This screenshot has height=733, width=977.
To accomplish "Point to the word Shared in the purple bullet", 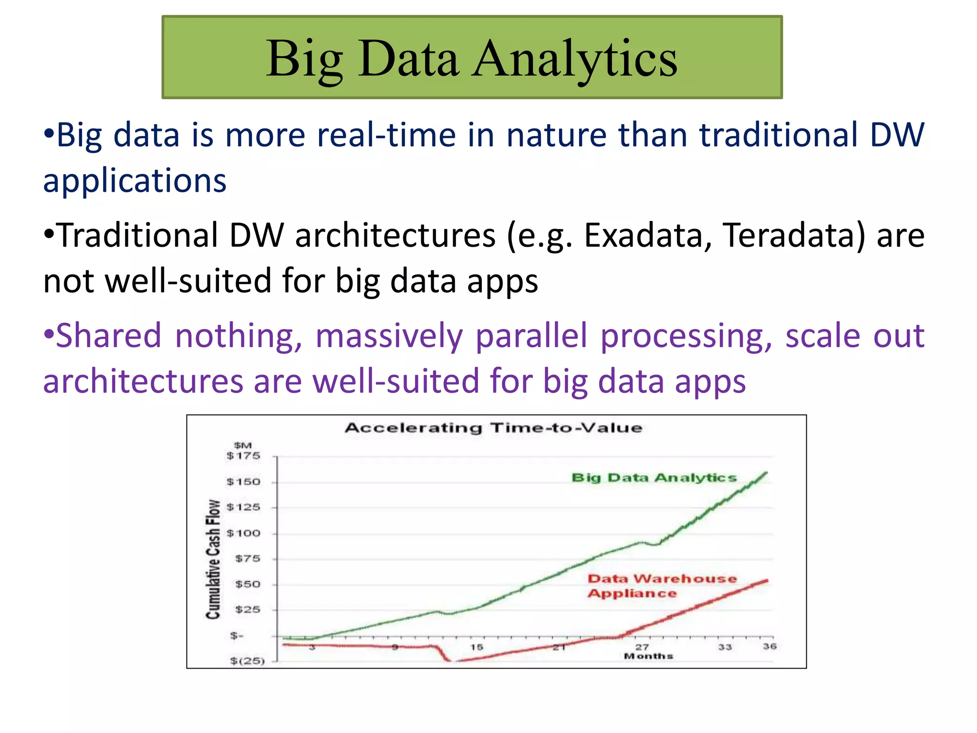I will tap(109, 335).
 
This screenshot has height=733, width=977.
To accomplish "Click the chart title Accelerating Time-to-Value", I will tap(493, 428).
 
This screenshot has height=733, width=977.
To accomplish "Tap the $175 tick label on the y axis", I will tap(243, 456).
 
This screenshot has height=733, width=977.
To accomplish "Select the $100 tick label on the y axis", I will tap(243, 533).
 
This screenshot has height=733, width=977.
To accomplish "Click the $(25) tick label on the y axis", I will tap(247, 661).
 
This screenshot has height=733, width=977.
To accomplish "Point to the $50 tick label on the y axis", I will tap(248, 584).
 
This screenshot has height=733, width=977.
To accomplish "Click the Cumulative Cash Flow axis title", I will tap(213, 559).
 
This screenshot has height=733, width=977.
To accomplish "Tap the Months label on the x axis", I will tap(648, 656).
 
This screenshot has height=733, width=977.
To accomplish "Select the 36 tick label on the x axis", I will tap(769, 646).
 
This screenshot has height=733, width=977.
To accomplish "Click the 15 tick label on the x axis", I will tap(477, 647).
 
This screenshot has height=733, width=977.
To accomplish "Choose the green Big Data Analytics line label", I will tap(654, 478).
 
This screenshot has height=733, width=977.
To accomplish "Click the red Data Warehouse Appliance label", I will tap(662, 586).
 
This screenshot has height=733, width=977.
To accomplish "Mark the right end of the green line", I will tap(766, 473).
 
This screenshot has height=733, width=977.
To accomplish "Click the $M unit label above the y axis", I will tap(243, 445).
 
